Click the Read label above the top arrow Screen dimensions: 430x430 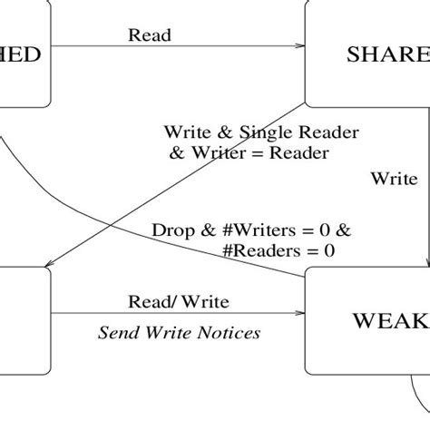(150, 35)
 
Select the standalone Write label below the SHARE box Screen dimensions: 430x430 (394, 179)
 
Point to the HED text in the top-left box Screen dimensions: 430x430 (20, 54)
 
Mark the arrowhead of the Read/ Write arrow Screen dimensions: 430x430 (300, 313)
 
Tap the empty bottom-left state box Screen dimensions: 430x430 (23, 313)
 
